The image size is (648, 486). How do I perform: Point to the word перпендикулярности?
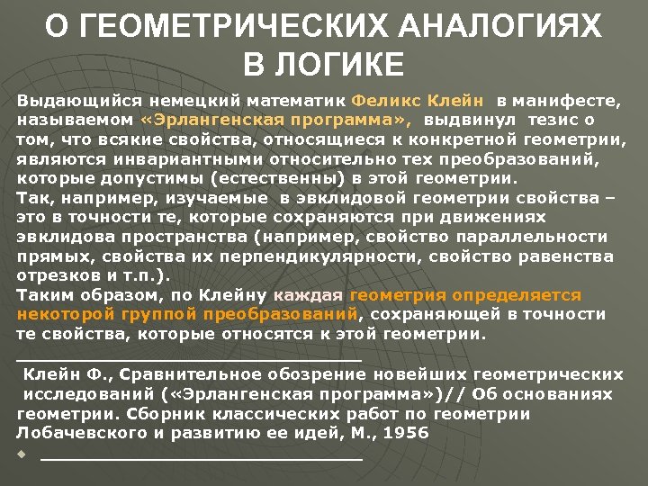point(339,256)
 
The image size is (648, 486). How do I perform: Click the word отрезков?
point(56,276)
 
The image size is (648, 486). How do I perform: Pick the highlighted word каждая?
point(308,295)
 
